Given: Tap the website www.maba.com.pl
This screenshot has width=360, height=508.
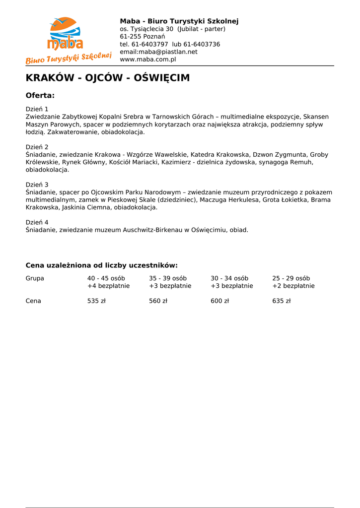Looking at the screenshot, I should click(148, 60).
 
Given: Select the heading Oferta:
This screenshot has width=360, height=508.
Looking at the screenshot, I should click(40, 95).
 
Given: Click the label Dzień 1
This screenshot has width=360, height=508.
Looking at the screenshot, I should click(37, 109).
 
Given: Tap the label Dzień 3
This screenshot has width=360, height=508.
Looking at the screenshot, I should click(37, 185).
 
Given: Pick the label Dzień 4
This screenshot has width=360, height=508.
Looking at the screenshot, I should click(37, 222).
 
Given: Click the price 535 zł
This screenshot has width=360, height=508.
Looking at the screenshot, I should click(96, 301).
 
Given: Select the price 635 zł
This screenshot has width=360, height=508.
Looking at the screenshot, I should click(281, 301).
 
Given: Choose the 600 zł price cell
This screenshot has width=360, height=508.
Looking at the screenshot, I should click(219, 301).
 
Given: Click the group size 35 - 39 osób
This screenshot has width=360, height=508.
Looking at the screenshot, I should click(168, 278).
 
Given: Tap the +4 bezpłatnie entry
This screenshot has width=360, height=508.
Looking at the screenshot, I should click(108, 286).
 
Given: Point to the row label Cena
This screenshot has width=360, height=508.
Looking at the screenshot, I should click(33, 301).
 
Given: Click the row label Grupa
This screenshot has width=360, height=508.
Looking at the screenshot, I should click(35, 278).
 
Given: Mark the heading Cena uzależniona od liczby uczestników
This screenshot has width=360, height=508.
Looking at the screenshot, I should click(101, 265).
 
